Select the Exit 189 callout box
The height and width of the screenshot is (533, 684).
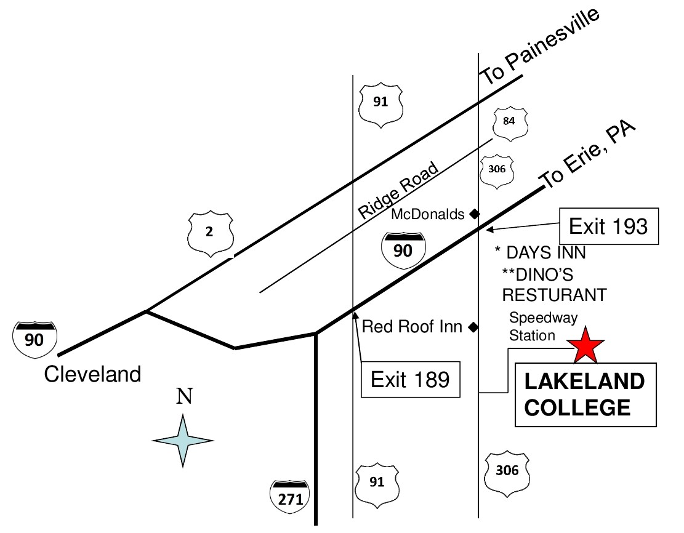point(410,379)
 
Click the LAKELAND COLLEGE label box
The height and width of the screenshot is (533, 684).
point(584,395)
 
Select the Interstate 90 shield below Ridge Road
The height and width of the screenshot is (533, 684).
point(403,252)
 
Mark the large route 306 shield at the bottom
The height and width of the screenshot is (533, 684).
point(507,472)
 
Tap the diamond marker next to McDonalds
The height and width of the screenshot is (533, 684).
point(474,214)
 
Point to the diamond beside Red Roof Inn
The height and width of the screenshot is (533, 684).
point(473,327)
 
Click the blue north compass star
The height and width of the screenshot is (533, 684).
point(183,441)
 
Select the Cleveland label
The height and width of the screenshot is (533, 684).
point(92,374)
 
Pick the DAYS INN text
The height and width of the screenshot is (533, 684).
point(541,252)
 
